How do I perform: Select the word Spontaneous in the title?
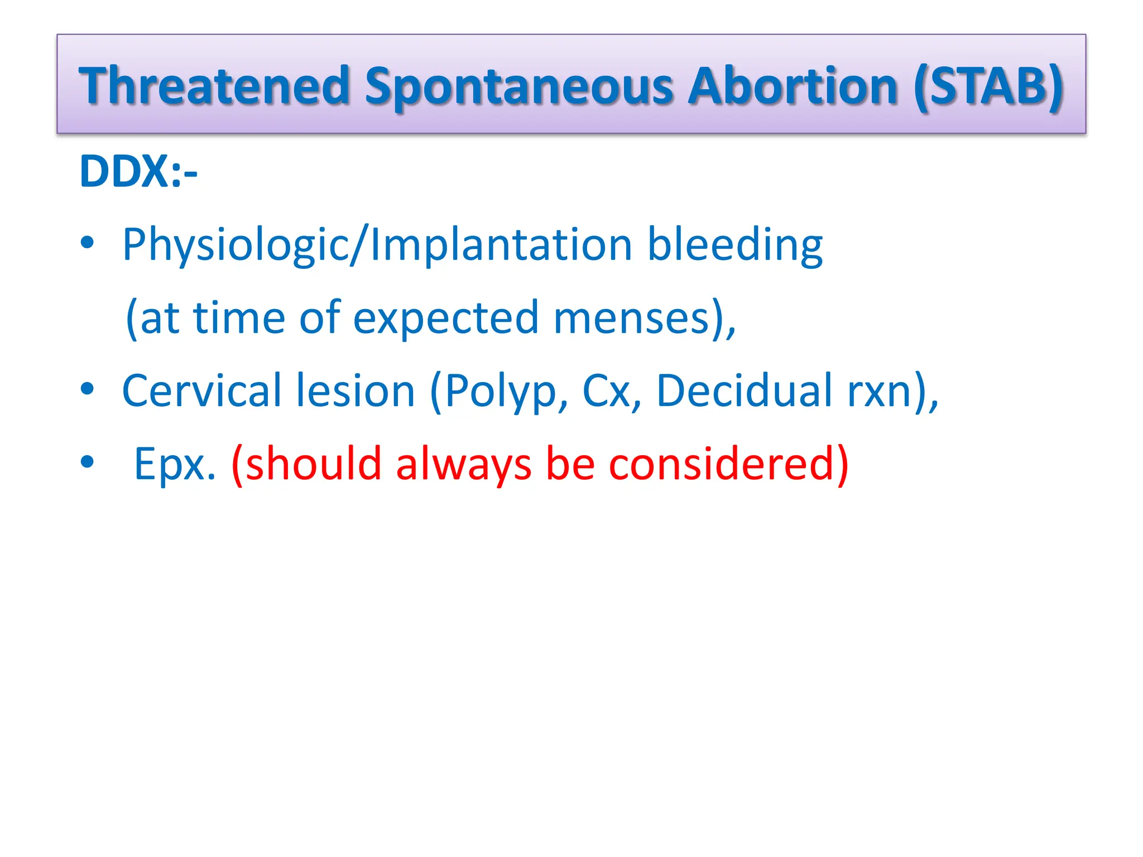tap(519, 86)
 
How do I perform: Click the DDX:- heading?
tap(138, 171)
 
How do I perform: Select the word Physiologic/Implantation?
tap(377, 245)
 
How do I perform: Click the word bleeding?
tap(734, 245)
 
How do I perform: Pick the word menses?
tap(631, 318)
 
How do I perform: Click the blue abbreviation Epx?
tap(174, 464)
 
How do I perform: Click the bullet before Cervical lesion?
tap(87, 388)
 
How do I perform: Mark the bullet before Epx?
tap(87, 461)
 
